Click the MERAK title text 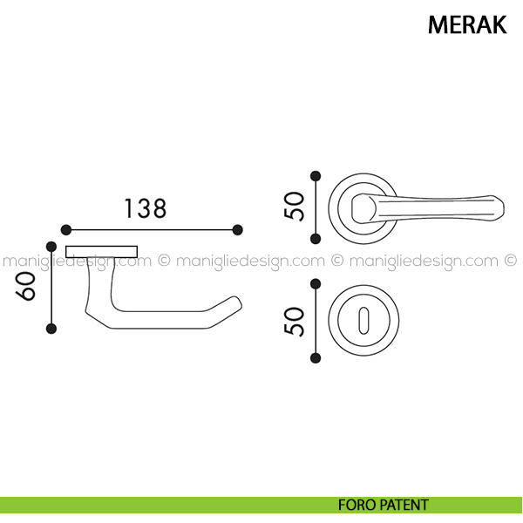coord(467,24)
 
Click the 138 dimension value coord(145,209)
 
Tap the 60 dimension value coord(25,286)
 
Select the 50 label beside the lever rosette coord(295,206)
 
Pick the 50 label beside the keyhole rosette coord(295,321)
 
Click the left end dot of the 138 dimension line coord(66,230)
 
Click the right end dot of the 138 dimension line coord(237,230)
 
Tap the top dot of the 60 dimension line coord(51,247)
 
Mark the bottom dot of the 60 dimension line coord(51,329)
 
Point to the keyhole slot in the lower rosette coord(363,321)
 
